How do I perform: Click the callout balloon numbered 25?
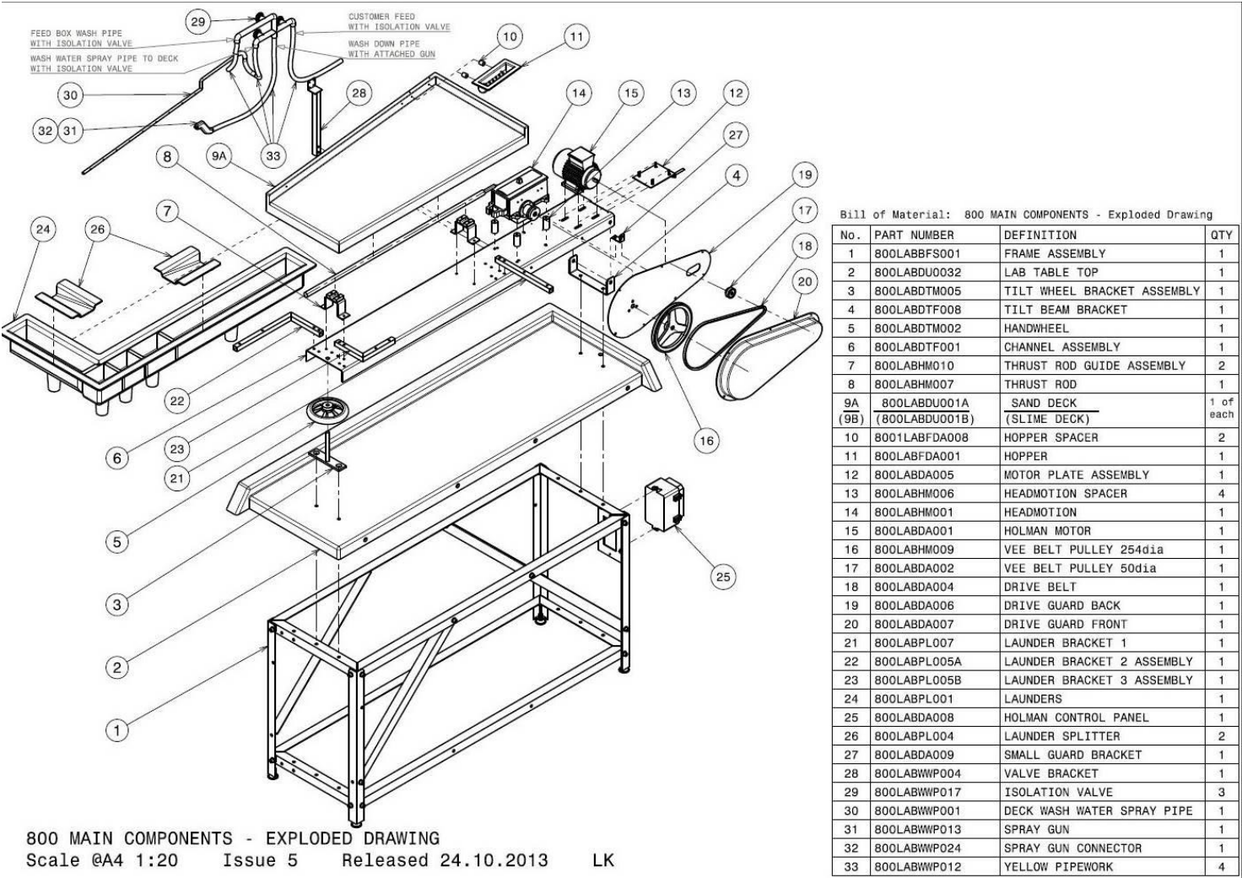pos(723,577)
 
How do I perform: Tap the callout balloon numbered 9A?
pos(220,156)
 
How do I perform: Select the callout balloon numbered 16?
pos(706,440)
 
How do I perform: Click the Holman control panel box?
pos(664,505)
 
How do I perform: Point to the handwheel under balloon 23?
pos(329,414)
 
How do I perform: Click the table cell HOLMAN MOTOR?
pos(1047,531)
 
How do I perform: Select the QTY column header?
pos(1221,236)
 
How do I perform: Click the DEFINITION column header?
pos(1040,236)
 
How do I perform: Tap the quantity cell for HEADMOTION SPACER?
pos(1221,494)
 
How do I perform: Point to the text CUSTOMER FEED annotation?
pos(381,16)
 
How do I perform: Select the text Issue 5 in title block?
pos(260,860)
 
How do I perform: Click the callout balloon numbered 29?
pos(198,22)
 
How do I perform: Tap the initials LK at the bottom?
pos(603,860)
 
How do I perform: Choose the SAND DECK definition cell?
pos(1044,404)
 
